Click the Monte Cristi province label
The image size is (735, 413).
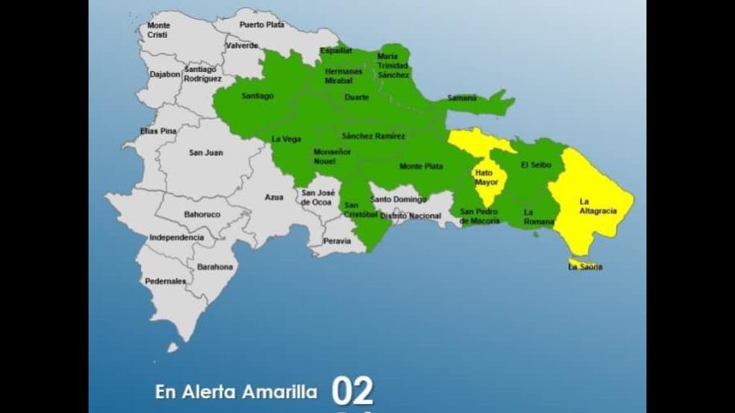click(x=159, y=29)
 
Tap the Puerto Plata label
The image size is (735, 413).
click(x=262, y=25)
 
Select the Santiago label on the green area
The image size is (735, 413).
click(x=258, y=96)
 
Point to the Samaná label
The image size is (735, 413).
click(x=462, y=98)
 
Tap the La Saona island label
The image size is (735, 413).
click(x=586, y=267)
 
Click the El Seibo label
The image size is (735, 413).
click(x=537, y=165)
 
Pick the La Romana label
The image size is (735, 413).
click(x=539, y=217)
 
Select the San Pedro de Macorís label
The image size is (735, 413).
click(x=480, y=216)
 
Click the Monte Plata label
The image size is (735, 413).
click(x=422, y=166)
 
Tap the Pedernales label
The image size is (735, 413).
click(x=165, y=281)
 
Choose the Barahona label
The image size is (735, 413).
click(x=215, y=267)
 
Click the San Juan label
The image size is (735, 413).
click(x=205, y=152)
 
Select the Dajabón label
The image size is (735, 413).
click(x=165, y=75)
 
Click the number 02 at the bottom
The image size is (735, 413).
click(x=353, y=392)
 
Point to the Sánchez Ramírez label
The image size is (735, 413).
click(x=373, y=136)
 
